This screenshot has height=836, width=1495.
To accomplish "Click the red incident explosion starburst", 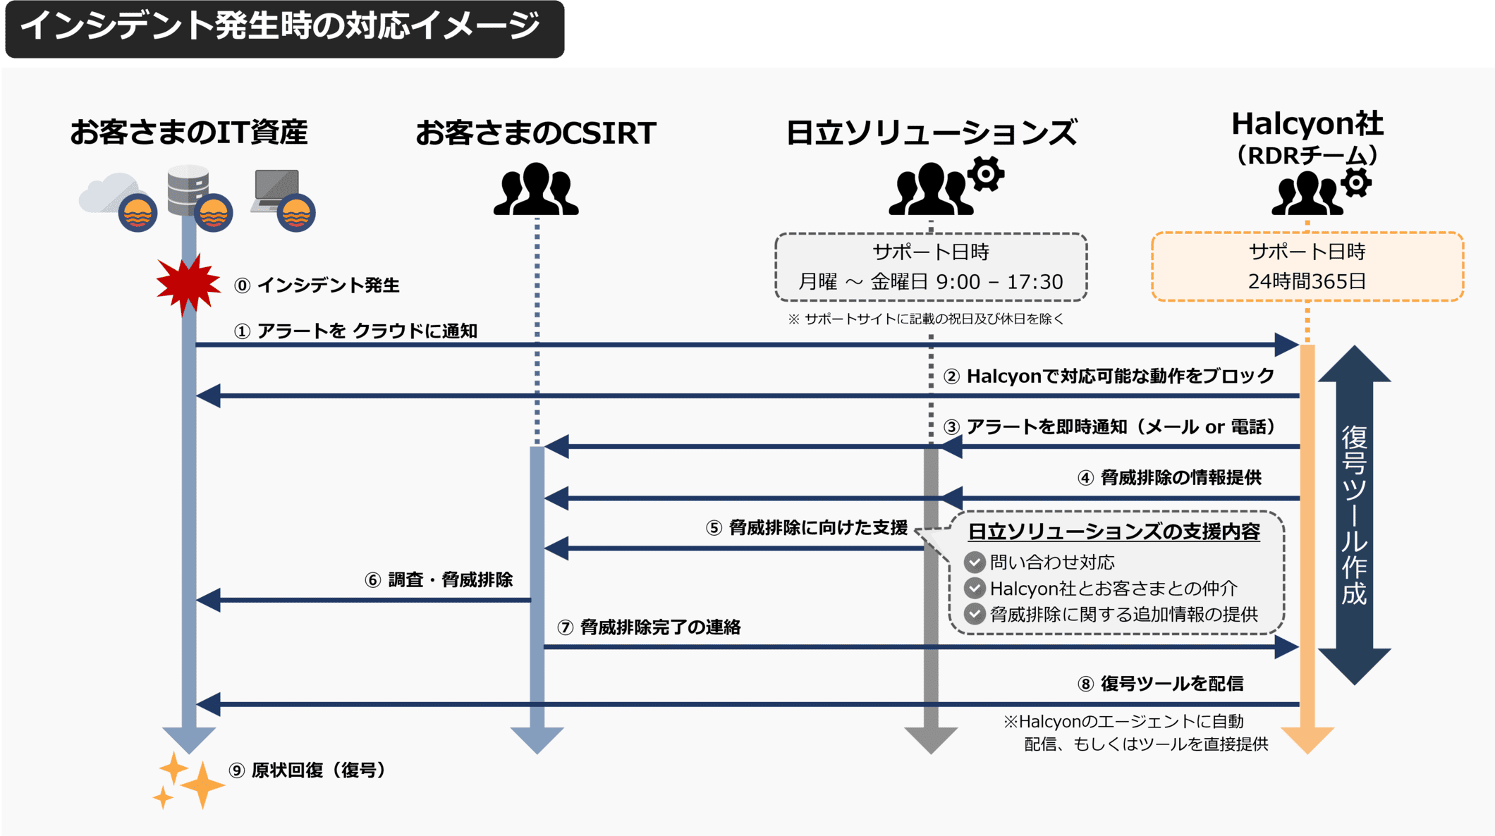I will [x=188, y=283].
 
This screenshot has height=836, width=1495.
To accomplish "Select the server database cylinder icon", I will [x=187, y=187].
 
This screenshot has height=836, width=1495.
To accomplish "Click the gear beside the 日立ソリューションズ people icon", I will [x=985, y=173].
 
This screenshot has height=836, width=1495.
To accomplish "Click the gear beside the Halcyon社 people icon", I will [x=1355, y=183].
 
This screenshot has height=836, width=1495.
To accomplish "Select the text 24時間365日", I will [x=1307, y=281].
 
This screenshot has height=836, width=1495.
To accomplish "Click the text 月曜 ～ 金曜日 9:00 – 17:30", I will [x=930, y=282].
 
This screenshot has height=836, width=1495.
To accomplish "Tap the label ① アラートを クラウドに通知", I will [x=356, y=331].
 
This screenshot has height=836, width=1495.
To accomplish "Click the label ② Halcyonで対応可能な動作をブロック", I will [x=1109, y=376].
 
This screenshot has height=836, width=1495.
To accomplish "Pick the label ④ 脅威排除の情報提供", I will [x=1169, y=477].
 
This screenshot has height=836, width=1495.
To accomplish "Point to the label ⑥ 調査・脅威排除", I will [x=438, y=579].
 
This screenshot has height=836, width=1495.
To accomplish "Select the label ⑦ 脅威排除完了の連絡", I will [x=649, y=627].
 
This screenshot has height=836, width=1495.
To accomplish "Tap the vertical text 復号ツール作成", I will [x=1354, y=515].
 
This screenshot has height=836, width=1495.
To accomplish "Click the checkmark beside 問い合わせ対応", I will [x=975, y=562].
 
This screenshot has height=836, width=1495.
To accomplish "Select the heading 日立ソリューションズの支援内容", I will [x=1113, y=531].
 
